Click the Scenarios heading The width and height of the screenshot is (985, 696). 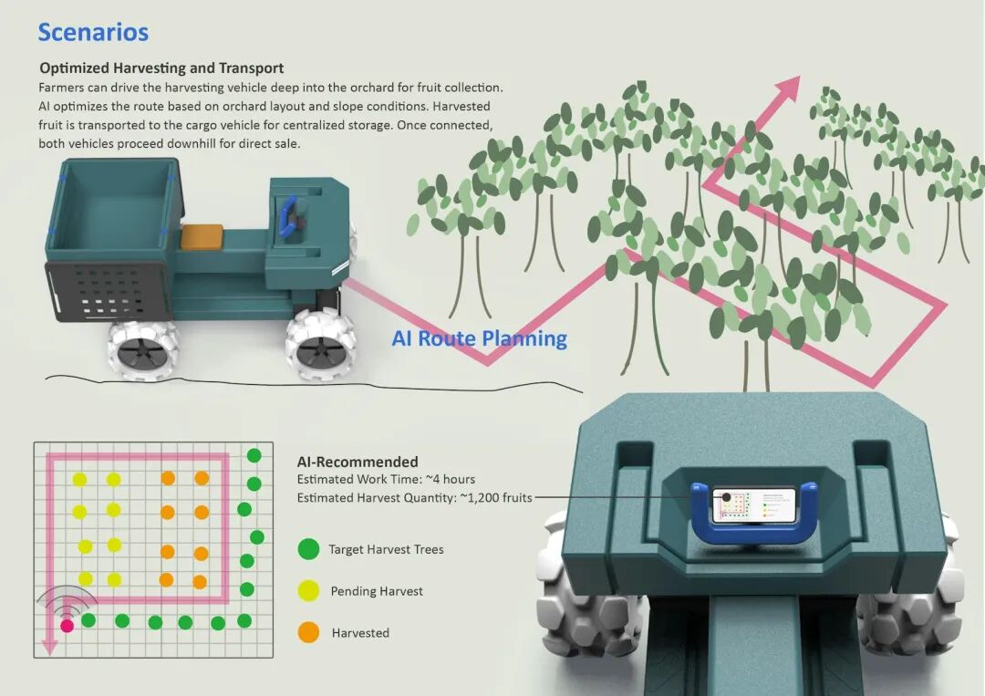coord(93,32)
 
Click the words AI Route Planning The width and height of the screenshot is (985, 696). coord(480,338)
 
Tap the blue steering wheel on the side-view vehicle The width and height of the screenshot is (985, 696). coord(289,217)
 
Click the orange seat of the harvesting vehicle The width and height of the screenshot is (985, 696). coord(202,236)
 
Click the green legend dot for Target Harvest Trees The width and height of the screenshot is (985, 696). coord(308,549)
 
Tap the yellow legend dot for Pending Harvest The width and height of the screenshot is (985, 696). coord(308,590)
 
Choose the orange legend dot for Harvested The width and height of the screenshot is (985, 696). coord(308,632)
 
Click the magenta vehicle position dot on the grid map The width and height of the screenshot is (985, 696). coord(67,626)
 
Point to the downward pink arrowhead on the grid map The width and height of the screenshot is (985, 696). coord(49,647)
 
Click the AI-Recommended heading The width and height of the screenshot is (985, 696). coord(358,462)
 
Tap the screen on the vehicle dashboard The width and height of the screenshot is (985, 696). coord(754,504)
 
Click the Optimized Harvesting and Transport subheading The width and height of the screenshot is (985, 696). coord(161,68)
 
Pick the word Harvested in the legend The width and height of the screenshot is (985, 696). coord(360,632)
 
